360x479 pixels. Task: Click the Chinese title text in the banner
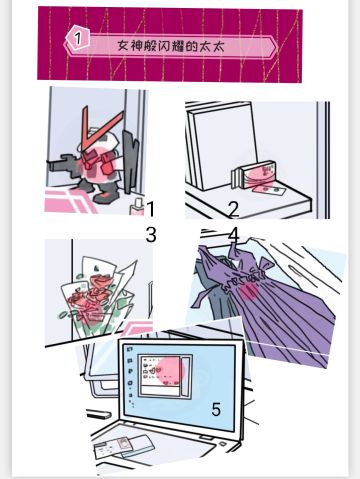click(x=170, y=46)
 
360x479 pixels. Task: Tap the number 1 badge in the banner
click(x=77, y=38)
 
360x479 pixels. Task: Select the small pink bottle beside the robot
click(x=137, y=207)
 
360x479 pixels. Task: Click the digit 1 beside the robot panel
click(x=151, y=209)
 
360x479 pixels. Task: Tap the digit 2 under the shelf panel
click(x=234, y=209)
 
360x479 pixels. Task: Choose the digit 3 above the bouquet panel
click(x=151, y=235)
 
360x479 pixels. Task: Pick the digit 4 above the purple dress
click(x=234, y=235)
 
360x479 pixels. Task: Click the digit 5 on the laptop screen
click(x=216, y=409)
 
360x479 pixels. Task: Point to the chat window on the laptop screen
click(x=165, y=376)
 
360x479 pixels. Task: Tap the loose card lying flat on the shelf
click(x=268, y=191)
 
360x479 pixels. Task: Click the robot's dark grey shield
click(x=130, y=161)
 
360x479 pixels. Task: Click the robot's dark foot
click(x=105, y=198)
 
